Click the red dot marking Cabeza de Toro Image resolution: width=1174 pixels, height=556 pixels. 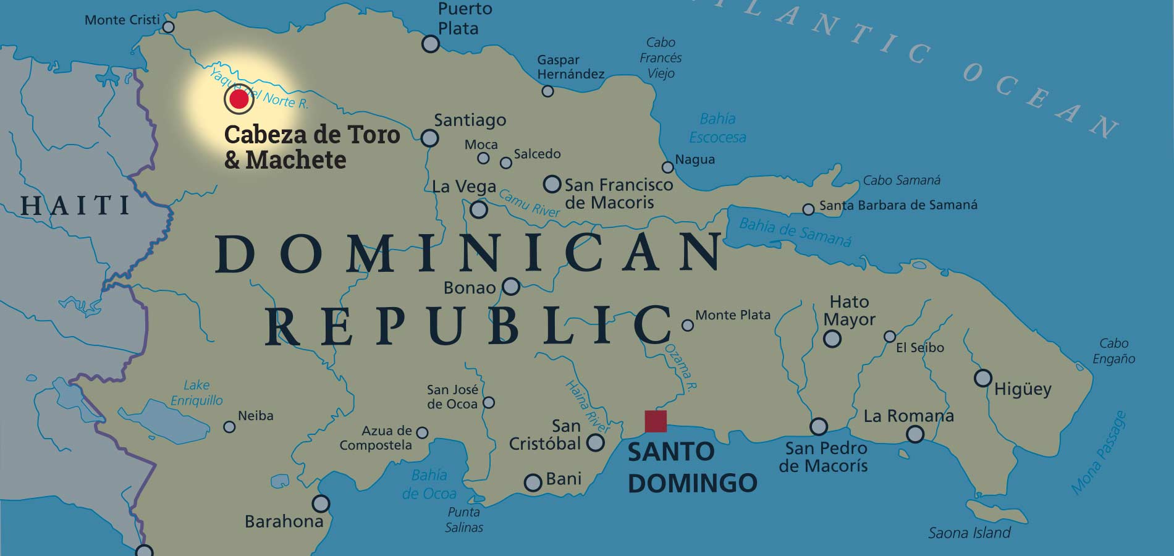239,99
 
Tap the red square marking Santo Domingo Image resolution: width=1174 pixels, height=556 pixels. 656,421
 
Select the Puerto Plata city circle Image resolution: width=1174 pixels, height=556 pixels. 430,44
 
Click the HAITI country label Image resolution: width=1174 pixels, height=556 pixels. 75,206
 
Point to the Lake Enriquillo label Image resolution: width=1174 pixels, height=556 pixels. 196,393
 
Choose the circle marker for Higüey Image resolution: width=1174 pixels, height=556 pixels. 982,377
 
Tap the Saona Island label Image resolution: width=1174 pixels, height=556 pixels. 969,533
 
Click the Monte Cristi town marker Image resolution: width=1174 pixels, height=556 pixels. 168,27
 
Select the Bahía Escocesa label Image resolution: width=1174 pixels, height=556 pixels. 717,128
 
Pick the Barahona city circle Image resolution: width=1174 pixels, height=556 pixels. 321,503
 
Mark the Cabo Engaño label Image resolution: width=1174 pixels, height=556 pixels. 1113,351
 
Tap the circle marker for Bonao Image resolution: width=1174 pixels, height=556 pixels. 511,286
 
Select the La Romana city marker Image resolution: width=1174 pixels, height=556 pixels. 915,434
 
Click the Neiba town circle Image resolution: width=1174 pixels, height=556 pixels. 229,427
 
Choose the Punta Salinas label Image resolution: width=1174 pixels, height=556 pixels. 464,520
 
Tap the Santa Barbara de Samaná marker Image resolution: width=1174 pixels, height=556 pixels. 808,209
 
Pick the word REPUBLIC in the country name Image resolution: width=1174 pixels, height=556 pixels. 468,325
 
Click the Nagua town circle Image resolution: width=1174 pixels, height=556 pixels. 667,167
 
